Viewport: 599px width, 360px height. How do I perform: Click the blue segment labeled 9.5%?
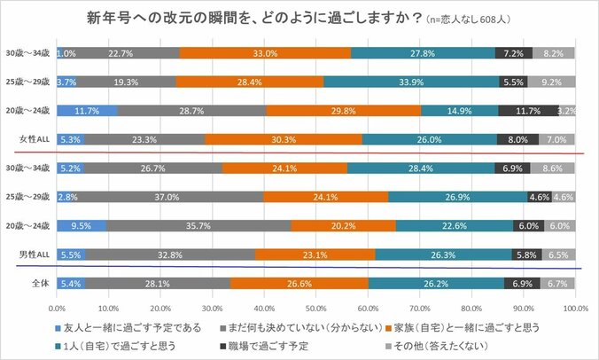tap(81, 225)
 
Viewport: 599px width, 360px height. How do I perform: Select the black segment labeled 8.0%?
tap(516, 139)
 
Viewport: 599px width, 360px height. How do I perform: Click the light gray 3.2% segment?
tap(567, 111)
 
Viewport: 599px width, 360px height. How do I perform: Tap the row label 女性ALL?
tap(34, 139)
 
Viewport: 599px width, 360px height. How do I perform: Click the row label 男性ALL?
tap(34, 254)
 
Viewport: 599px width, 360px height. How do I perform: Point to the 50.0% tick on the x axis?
tap(315, 308)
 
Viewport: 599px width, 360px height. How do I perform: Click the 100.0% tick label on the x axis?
tap(574, 308)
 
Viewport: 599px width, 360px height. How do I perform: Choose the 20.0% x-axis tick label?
tap(159, 308)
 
